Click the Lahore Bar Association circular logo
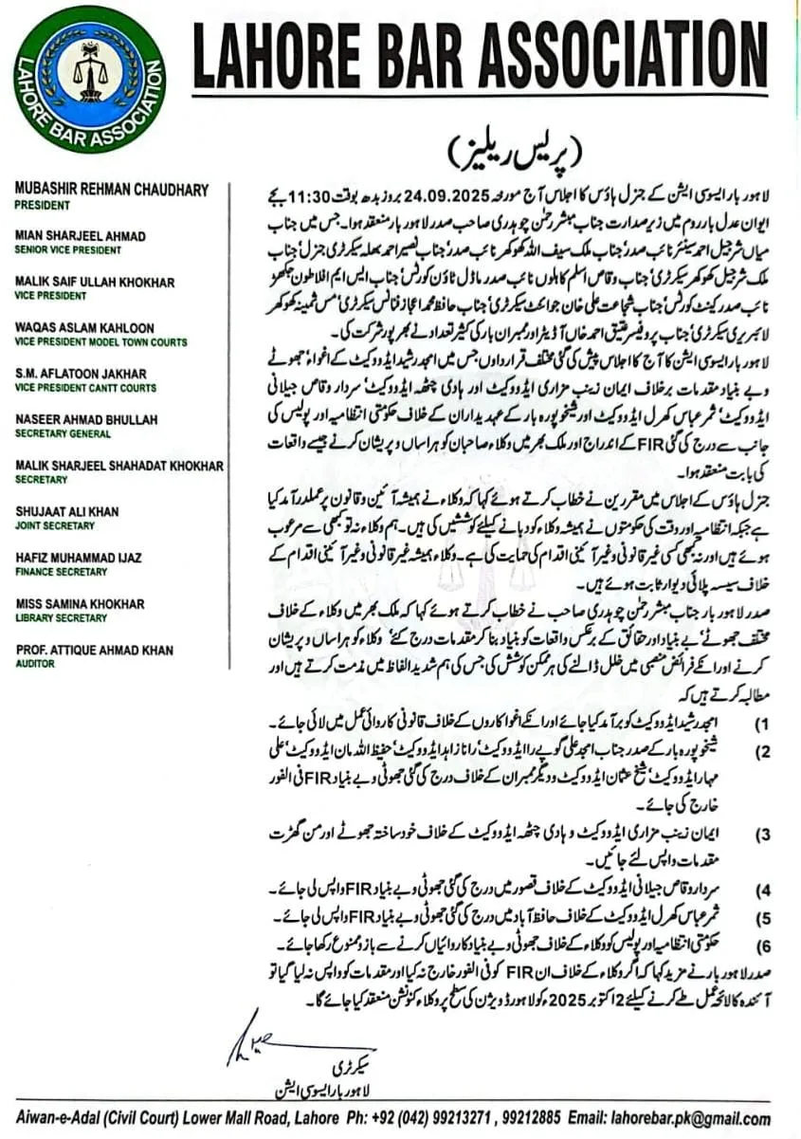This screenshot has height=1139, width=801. pos(90,80)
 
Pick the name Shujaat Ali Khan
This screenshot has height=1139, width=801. pos(67,512)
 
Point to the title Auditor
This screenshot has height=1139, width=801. pos(35,664)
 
